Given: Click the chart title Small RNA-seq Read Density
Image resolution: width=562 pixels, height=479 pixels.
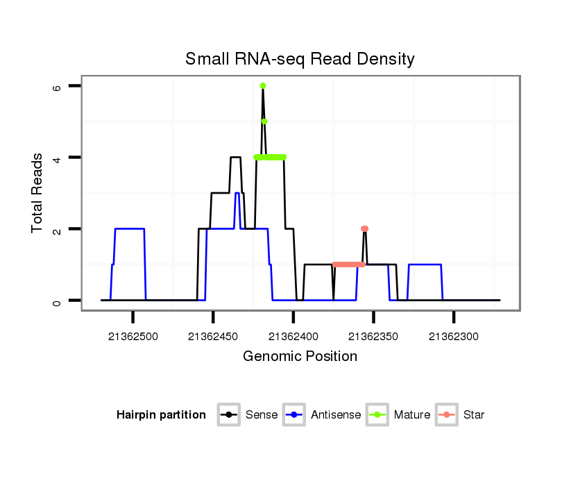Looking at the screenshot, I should (300, 59).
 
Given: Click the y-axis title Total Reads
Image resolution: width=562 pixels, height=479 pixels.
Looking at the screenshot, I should (37, 193).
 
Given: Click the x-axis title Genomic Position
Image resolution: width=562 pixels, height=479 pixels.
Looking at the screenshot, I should (300, 357).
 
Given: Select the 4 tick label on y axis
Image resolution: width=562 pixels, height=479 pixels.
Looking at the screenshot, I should (57, 158).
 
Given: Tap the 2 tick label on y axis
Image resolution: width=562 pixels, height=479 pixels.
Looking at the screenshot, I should (57, 229).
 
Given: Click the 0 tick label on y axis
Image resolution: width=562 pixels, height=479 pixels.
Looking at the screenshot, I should (57, 301).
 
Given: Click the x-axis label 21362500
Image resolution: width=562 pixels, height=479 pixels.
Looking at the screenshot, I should (133, 337).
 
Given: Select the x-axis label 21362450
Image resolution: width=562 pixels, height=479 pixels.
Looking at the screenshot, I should (213, 337).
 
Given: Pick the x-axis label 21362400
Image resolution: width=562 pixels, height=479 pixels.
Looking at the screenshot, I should (293, 337).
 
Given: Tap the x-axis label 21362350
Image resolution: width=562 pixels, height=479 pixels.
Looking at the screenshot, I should (373, 337).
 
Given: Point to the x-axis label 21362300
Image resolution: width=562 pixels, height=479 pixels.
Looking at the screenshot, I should (454, 337).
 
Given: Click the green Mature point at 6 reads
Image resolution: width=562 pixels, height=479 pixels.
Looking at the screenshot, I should (263, 85).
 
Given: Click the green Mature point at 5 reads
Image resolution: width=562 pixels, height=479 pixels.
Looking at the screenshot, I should (264, 121).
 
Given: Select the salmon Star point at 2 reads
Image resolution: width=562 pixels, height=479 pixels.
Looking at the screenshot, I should (364, 228).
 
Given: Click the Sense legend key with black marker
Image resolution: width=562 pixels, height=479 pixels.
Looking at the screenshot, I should (228, 415).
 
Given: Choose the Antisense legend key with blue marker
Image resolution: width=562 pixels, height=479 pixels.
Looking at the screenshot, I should (294, 415).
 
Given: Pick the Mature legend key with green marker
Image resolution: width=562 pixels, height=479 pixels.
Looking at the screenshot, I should (377, 415).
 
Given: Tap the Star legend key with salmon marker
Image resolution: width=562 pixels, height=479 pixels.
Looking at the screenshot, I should (447, 415).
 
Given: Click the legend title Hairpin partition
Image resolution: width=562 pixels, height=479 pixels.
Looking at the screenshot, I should (161, 415).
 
